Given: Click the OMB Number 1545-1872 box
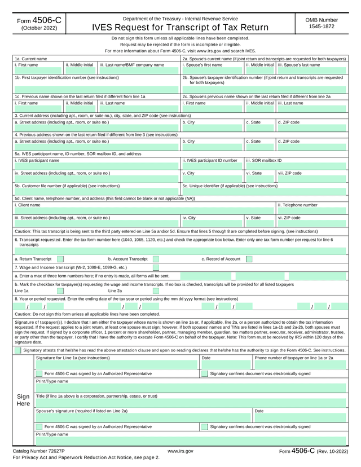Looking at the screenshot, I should [x=322, y=23].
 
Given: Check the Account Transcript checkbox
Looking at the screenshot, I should [x=156, y=259].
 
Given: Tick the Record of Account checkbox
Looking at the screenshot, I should [x=249, y=259].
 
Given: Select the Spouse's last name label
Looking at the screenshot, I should [x=298, y=65].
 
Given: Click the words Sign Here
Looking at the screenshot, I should [x=23, y=400].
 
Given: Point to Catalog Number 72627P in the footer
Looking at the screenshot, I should [x=39, y=451].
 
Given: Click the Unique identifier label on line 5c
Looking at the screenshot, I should [x=230, y=185].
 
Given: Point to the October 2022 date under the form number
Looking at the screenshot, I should [x=39, y=28].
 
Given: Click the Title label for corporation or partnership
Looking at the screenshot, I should [x=96, y=396].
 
